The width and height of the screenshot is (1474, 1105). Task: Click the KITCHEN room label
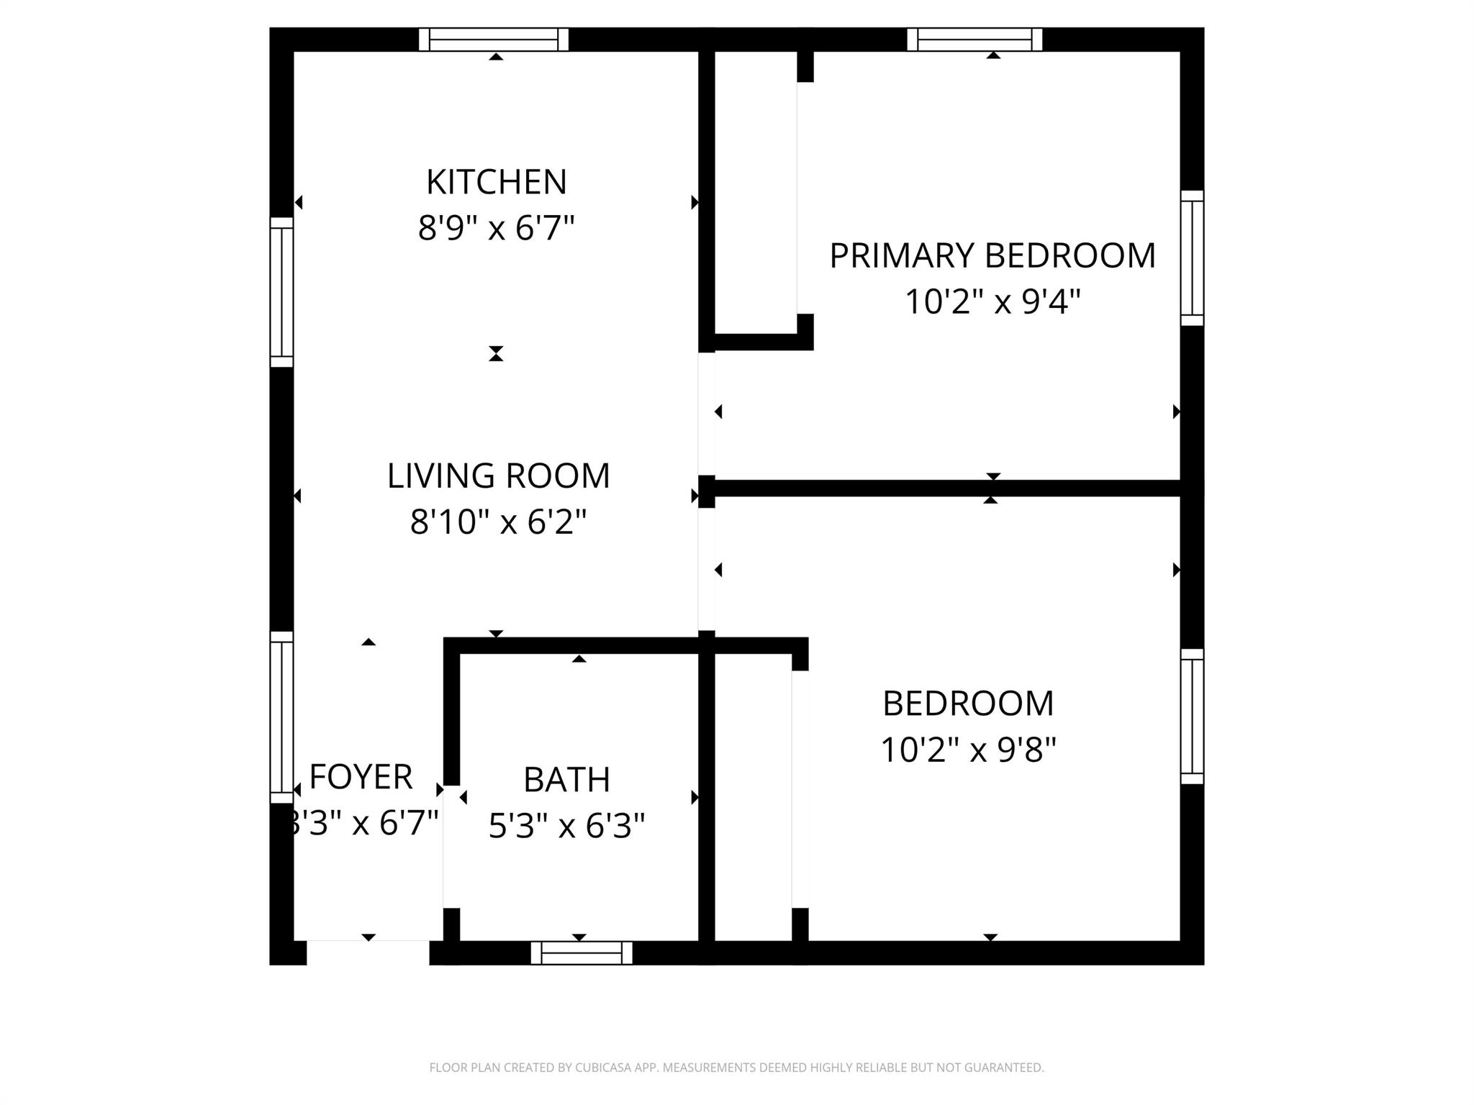point(496,182)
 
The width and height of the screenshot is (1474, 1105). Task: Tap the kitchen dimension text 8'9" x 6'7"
point(496,229)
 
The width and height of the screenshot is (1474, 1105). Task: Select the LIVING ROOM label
point(498,476)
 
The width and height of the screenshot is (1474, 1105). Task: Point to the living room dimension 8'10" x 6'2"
point(498,522)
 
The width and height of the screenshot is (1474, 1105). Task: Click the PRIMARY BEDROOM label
point(993,256)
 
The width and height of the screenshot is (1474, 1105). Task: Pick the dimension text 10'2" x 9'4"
point(993,302)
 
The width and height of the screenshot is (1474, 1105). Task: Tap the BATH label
point(566,780)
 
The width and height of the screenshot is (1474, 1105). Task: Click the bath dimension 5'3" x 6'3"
point(566,826)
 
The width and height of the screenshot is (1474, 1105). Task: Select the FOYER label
point(361,777)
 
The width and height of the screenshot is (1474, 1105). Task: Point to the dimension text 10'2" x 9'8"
point(968,750)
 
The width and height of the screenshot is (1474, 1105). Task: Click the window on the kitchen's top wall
point(494,40)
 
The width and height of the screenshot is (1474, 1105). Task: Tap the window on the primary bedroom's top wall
point(975,40)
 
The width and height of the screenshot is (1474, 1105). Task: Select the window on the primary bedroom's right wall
point(1192,258)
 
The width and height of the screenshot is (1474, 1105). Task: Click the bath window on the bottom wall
point(582,952)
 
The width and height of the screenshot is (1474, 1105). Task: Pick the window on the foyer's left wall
point(281,717)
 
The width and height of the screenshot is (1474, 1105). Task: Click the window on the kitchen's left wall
point(281,292)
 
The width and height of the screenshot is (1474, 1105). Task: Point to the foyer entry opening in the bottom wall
point(368,952)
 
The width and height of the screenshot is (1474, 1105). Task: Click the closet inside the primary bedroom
point(756,194)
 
